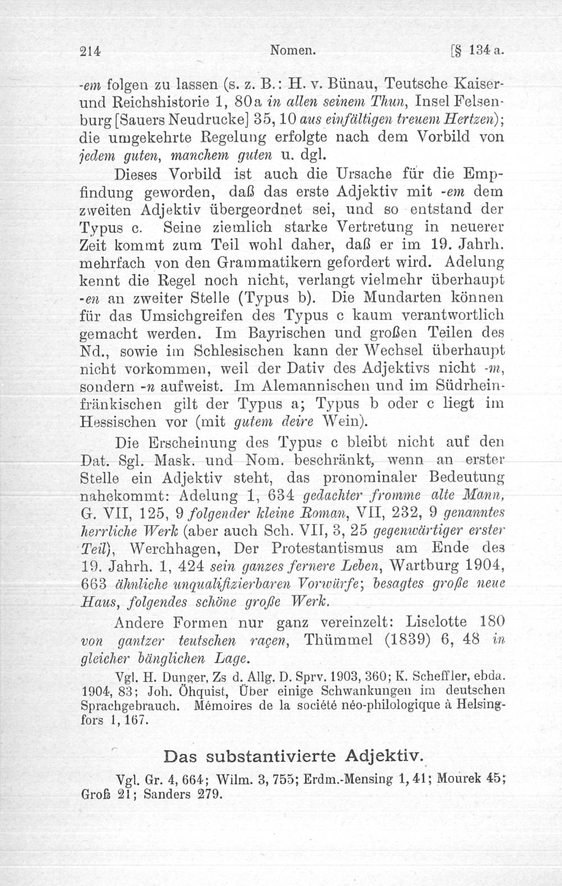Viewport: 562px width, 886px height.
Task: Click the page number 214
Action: tap(90, 50)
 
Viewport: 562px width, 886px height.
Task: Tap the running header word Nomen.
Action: tap(292, 50)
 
